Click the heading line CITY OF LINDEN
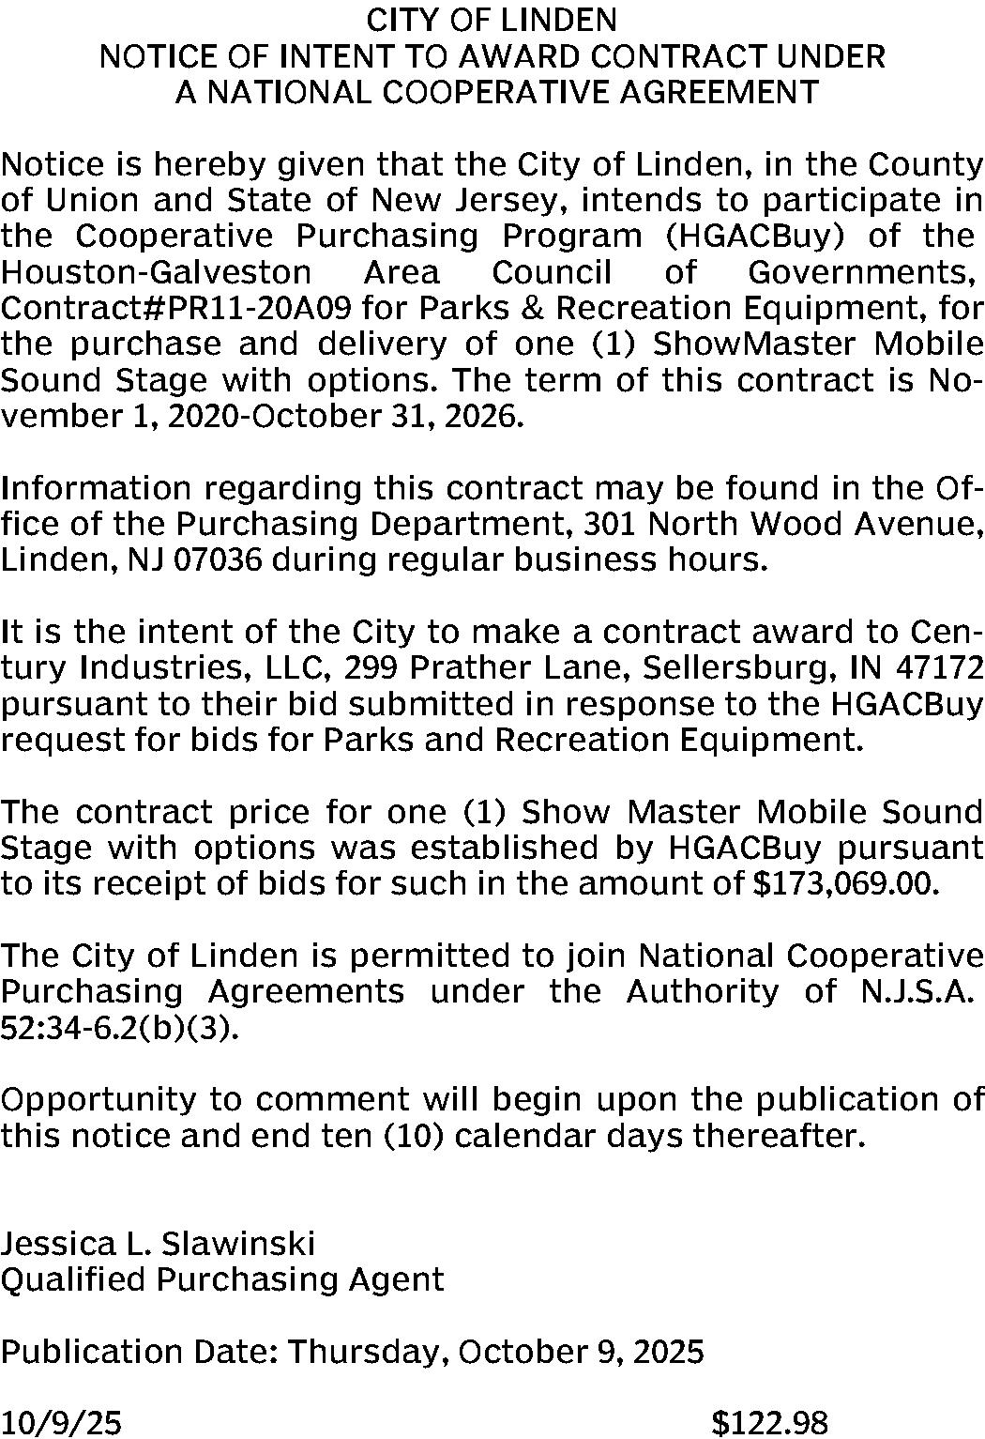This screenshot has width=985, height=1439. pos(492,20)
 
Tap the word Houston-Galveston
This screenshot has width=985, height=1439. pos(156,272)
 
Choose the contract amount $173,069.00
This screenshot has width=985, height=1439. pos(845,883)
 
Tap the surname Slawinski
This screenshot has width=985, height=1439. pos(239,1244)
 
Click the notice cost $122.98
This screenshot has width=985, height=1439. pos(769,1424)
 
